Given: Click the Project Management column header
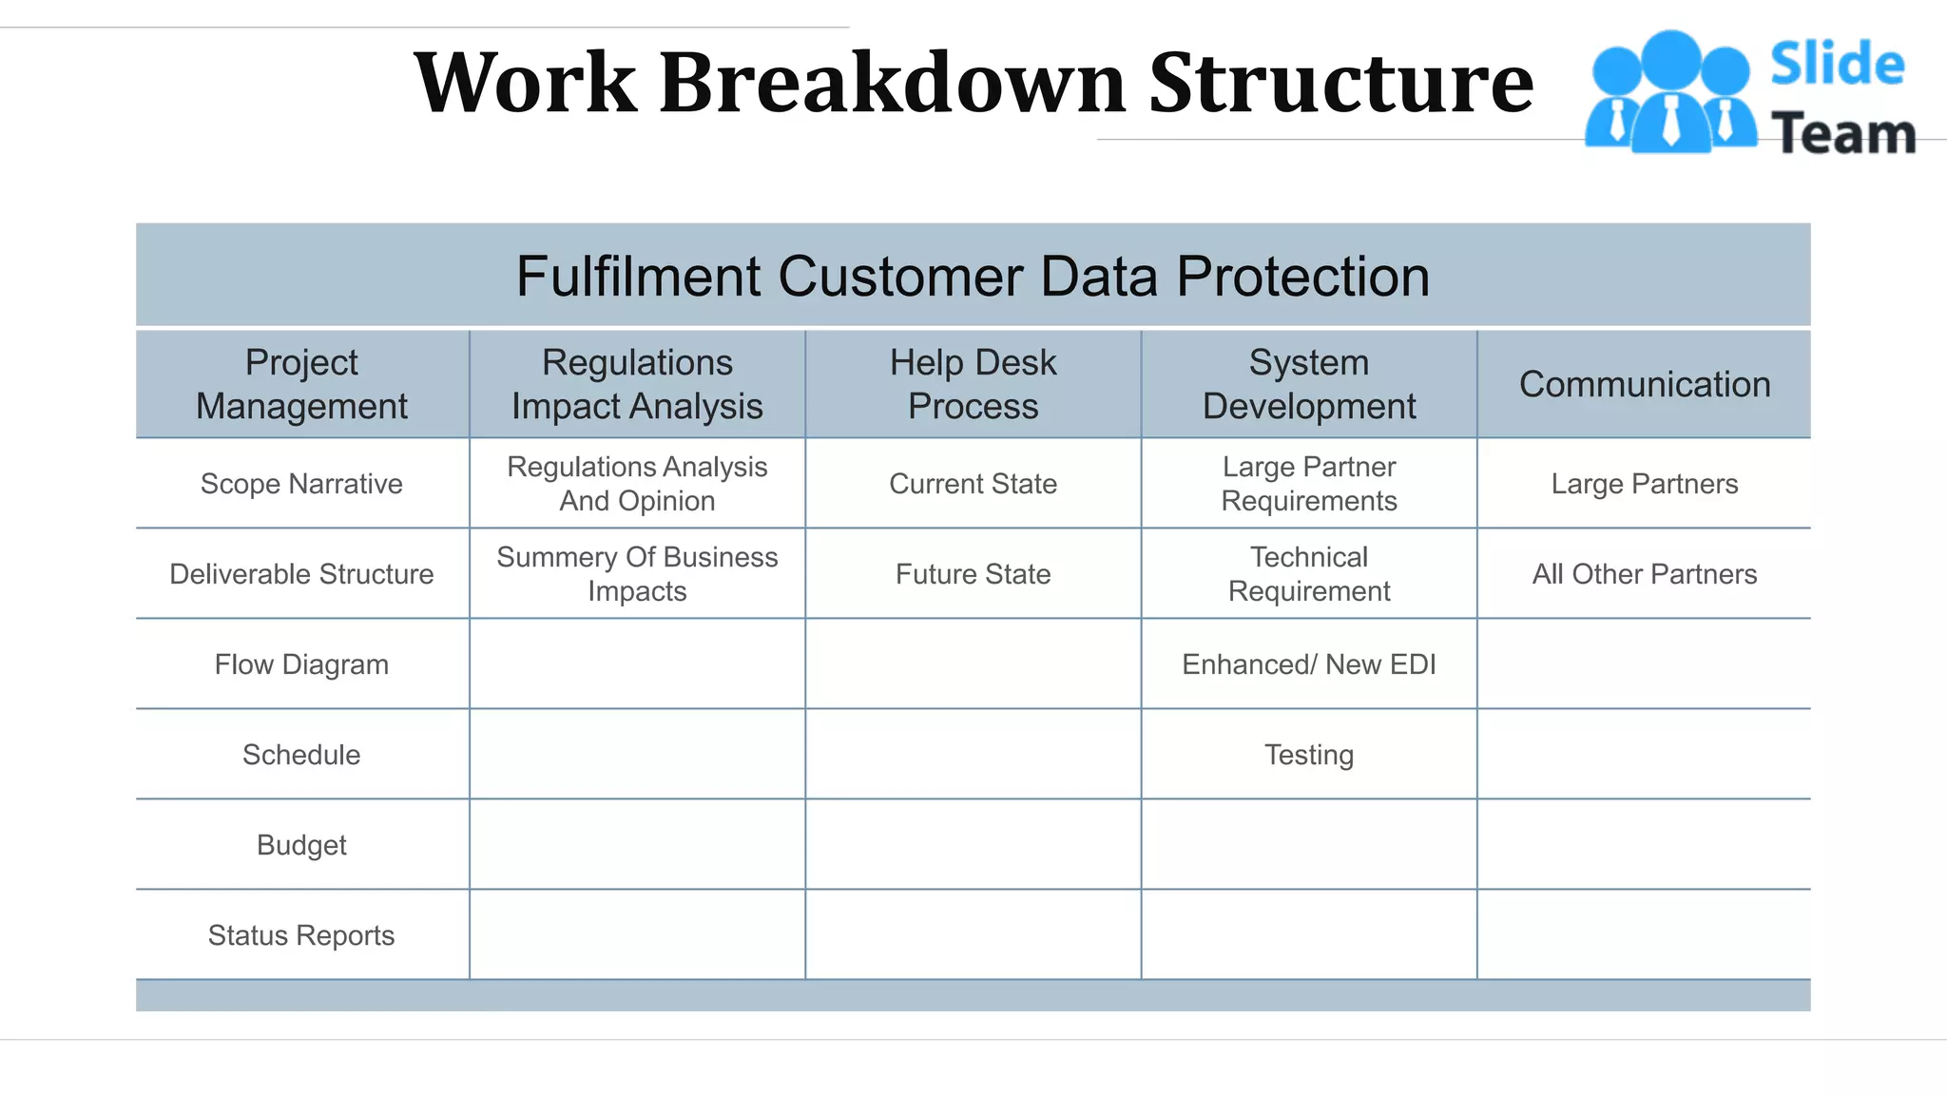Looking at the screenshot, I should [301, 384].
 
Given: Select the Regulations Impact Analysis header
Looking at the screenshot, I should [637, 384].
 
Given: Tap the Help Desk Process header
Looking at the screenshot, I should [973, 384].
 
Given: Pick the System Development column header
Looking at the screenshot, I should [1308, 384].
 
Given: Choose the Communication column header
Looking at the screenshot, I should [1644, 384].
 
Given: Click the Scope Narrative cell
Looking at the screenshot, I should [301, 484].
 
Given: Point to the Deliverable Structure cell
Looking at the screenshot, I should [301, 574].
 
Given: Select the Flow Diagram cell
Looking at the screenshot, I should [301, 664].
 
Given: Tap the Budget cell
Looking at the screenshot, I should [301, 845].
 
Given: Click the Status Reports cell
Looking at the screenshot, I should [301, 935].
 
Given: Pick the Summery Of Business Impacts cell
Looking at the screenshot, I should [637, 574].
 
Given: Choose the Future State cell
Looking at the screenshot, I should [973, 574].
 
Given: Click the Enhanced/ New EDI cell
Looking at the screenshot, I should [1308, 664].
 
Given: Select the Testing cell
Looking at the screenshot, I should [1308, 755].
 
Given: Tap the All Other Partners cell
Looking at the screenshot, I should [1644, 574].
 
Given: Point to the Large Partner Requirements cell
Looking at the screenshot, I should [1308, 484].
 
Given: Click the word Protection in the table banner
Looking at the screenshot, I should [1301, 277].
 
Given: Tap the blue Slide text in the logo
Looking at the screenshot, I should [1837, 65].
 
